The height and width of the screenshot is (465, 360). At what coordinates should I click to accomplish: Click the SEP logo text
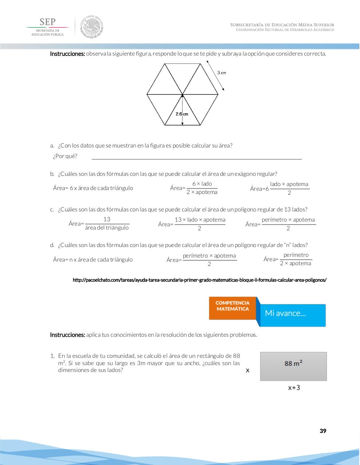(x=47, y=22)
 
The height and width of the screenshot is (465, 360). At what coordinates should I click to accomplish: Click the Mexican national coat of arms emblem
(x=92, y=27)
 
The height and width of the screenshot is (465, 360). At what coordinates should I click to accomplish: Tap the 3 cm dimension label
(x=221, y=73)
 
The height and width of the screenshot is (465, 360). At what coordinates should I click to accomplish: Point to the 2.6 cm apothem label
(x=182, y=114)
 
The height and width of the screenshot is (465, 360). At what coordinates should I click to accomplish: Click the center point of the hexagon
(x=183, y=95)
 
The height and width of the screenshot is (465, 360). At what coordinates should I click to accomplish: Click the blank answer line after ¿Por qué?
(x=196, y=157)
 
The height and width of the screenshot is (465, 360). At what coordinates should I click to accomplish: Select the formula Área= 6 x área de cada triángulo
(x=93, y=188)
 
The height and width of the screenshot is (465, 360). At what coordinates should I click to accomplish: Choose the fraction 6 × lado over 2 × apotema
(x=202, y=188)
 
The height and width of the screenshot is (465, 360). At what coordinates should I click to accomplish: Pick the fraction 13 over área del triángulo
(x=107, y=223)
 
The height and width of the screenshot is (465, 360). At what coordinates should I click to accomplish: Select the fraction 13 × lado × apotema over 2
(x=200, y=224)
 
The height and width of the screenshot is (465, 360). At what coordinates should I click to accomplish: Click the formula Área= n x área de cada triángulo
(x=93, y=259)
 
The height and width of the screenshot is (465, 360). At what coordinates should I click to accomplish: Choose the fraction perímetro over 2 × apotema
(x=296, y=259)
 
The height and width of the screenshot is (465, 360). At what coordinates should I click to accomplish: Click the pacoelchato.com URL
(x=199, y=280)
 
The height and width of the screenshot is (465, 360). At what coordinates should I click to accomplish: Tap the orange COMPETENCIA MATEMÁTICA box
(x=233, y=308)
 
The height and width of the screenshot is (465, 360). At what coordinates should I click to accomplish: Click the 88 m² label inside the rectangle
(x=293, y=363)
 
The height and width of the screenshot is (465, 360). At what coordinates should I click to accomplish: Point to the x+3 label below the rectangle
(x=294, y=388)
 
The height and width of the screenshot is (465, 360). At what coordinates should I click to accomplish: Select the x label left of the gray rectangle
(x=248, y=370)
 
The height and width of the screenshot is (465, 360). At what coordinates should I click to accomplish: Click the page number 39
(x=323, y=431)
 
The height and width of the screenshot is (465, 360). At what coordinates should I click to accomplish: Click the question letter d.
(x=52, y=245)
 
